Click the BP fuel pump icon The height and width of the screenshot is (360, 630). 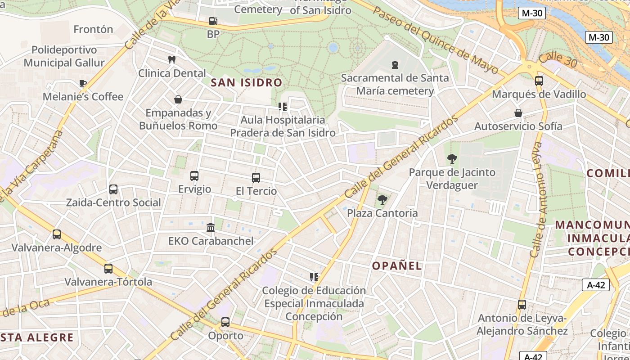(x=213, y=21)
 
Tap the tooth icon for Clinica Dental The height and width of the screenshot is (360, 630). (x=171, y=59)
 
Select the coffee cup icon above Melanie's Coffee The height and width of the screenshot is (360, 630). (x=82, y=83)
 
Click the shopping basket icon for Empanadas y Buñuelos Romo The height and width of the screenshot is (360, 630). (x=178, y=99)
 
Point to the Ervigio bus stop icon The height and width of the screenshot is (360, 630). (x=194, y=175)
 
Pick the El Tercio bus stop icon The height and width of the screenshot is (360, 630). (x=256, y=177)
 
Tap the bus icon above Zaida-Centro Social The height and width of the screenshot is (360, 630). (x=113, y=189)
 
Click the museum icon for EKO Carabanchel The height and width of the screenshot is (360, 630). (x=211, y=227)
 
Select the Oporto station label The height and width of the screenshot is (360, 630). (x=225, y=336)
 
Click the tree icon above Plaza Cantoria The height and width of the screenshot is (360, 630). (x=382, y=199)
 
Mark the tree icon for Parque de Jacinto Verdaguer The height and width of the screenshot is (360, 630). (x=452, y=158)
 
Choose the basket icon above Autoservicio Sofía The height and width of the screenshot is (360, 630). (x=518, y=112)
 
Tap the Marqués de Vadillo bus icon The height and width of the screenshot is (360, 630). (x=539, y=81)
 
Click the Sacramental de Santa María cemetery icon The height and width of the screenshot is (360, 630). (x=395, y=64)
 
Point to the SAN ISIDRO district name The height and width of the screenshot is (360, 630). (x=246, y=83)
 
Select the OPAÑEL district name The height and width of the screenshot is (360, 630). (x=397, y=265)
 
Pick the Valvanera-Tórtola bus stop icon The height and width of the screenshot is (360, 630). (x=108, y=269)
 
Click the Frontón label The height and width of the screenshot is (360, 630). (x=93, y=30)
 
